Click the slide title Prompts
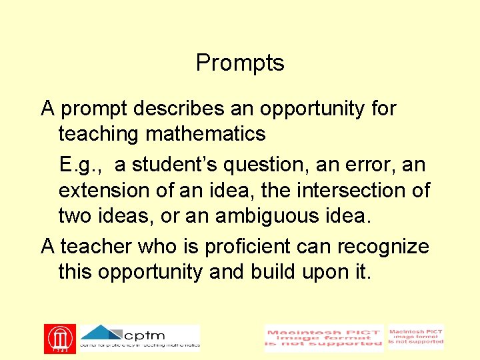tap(240, 63)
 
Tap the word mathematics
tap(205, 134)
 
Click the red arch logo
tap(60, 339)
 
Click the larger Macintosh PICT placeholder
tap(324, 338)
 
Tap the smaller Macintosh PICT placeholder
tap(416, 337)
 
